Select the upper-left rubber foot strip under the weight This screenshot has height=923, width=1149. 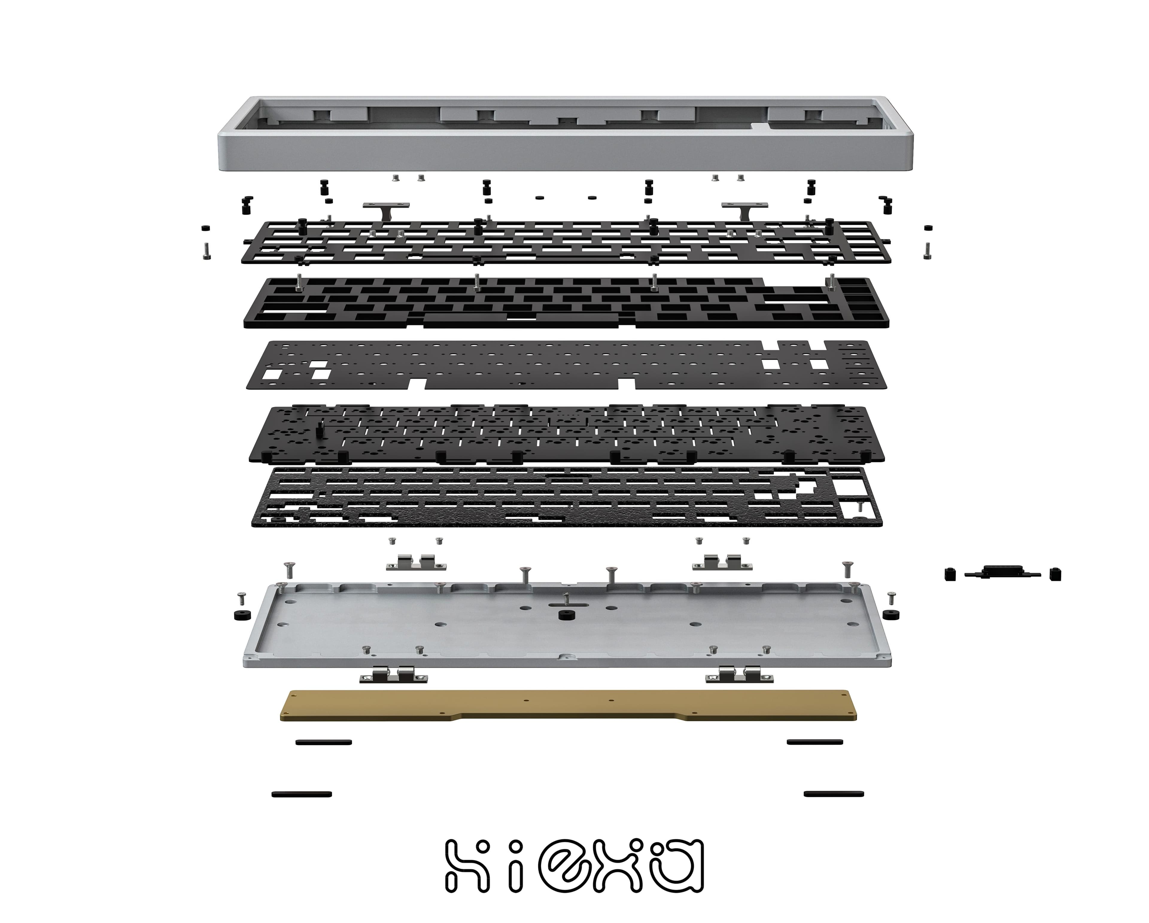pyautogui.click(x=323, y=742)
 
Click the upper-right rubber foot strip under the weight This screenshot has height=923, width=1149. pyautogui.click(x=815, y=742)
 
